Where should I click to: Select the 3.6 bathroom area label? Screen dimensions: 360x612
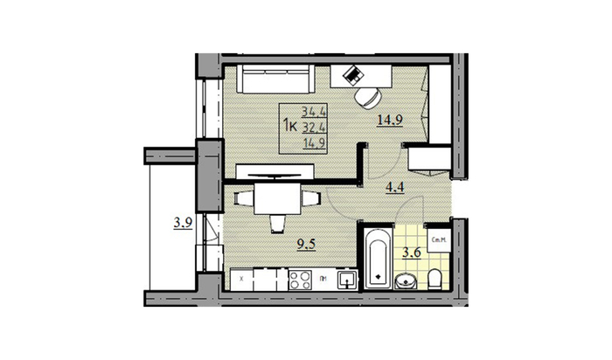(x=409, y=253)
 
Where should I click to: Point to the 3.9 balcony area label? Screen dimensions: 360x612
(x=182, y=224)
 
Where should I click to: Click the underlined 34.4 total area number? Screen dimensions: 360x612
(x=310, y=112)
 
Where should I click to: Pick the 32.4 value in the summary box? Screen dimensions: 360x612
(x=310, y=128)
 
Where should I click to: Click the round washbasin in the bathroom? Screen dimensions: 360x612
(x=406, y=281)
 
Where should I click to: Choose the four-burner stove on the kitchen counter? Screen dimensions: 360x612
(x=301, y=280)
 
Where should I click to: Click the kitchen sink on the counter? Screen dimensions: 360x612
(x=347, y=280)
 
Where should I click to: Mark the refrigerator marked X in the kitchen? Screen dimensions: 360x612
(x=241, y=280)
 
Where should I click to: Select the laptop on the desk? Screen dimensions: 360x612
(x=354, y=75)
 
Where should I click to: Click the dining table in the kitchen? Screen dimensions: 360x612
(x=277, y=200)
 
